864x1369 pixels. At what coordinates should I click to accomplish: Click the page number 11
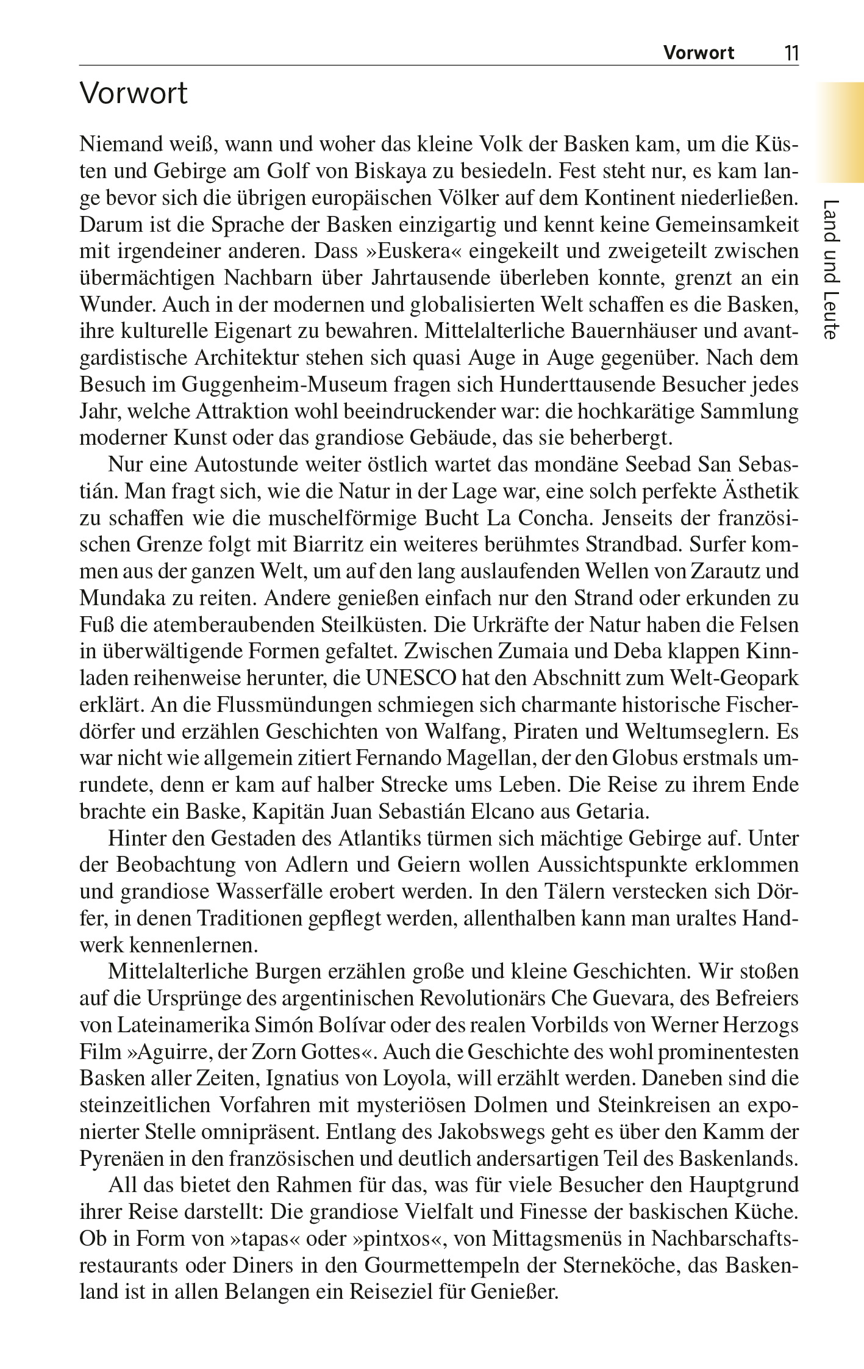click(791, 53)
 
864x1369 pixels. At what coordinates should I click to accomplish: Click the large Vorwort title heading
click(134, 93)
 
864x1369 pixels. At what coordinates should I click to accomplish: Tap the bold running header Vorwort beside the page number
click(699, 53)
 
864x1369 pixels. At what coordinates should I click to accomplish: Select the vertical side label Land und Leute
click(832, 269)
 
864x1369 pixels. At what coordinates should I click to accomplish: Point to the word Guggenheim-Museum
click(284, 385)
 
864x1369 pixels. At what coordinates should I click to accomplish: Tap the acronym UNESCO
click(412, 678)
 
